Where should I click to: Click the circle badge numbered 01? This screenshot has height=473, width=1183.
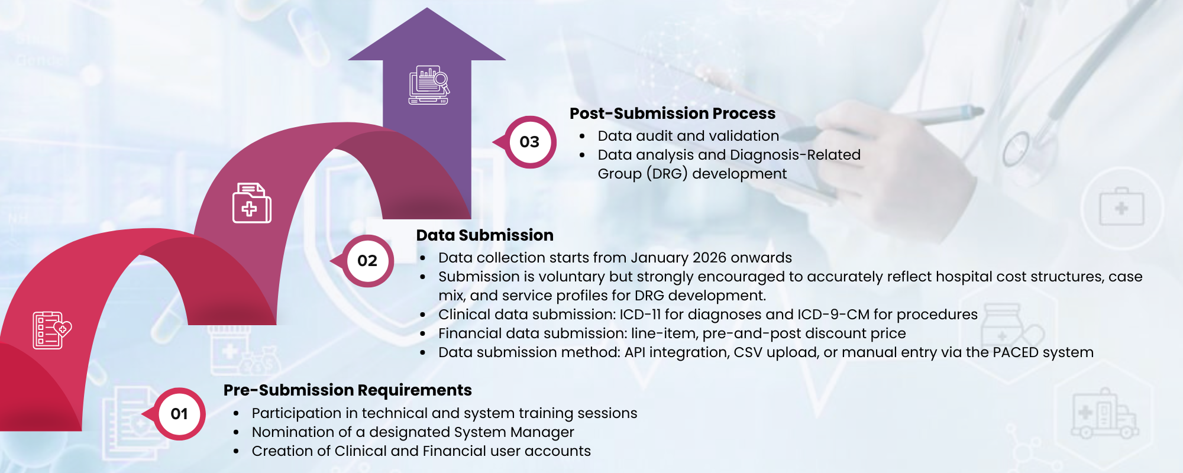pos(179,414)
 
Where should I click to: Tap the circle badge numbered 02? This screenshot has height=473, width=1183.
pos(367,261)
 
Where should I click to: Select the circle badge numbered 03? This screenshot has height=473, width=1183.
pos(529,142)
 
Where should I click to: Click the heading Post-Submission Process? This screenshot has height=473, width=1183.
pos(672,114)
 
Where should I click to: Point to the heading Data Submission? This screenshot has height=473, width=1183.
pos(484,235)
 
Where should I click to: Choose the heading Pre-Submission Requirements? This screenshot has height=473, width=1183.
pos(347,390)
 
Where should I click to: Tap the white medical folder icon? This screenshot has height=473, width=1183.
pos(251,203)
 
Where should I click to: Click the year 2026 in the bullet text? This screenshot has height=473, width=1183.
pos(709,258)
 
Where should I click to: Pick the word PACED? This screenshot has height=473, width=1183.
pos(1016,352)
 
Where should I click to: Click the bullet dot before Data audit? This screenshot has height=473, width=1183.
pos(582,137)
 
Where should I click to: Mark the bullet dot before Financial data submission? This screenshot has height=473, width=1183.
pos(422,334)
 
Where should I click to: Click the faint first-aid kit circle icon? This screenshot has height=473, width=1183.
pos(1121,208)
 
